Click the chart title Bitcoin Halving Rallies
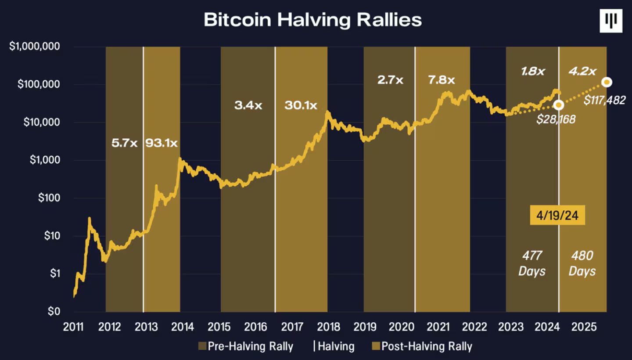pos(312,20)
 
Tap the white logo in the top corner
pos(611,21)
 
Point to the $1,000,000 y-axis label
pos(35,47)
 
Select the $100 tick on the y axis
pos(48,198)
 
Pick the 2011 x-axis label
pos(73,327)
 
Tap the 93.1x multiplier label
pos(162,143)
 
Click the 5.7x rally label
pos(125,143)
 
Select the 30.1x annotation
pos(301,105)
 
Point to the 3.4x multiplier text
pos(248,105)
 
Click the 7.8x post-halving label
pos(442,80)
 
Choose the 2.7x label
pos(390,80)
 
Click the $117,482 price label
pos(604,101)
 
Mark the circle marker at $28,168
pos(558,105)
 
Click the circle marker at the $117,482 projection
pos(607,82)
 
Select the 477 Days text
pos(532,263)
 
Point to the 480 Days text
pos(582,263)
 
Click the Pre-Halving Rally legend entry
pos(246,346)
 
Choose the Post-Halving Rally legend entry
pos(422,346)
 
